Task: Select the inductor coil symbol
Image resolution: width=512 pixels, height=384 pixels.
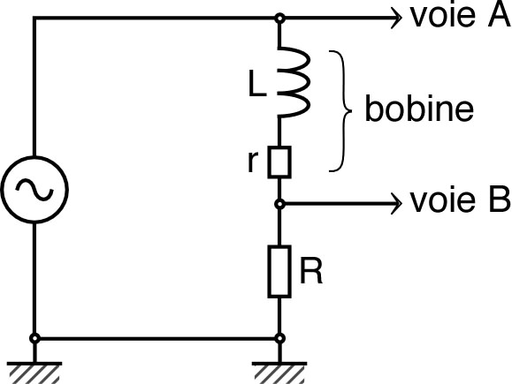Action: pos(292,82)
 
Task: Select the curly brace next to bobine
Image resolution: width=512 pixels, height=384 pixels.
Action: pos(340,110)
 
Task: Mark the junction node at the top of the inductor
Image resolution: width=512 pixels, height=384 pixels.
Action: pos(279,17)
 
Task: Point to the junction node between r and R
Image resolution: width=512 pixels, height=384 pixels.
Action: pos(279,204)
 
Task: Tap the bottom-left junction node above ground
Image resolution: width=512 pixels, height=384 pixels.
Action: pos(34,338)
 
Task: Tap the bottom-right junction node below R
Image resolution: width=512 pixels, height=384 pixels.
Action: pos(279,338)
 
